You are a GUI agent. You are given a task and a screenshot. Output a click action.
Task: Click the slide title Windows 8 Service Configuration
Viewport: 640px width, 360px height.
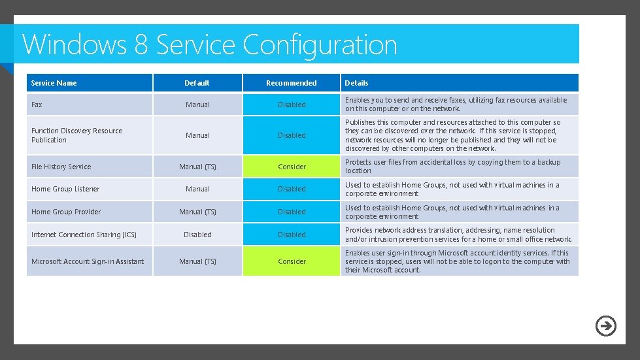pos(210,44)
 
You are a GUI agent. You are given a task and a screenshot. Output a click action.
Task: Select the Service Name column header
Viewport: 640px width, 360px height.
pos(54,83)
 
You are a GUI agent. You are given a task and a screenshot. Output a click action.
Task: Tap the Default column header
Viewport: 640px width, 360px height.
pos(197,83)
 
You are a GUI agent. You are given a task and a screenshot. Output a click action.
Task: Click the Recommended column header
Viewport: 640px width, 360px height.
pos(292,83)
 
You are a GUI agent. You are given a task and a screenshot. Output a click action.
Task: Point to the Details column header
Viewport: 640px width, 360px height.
pos(356,83)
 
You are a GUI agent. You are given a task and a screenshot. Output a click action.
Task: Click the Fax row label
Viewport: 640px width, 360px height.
pos(37,105)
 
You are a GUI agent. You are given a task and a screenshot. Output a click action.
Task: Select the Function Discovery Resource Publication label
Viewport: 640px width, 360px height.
pos(76,135)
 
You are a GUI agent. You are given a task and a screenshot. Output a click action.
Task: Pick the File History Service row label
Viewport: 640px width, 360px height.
pos(61,167)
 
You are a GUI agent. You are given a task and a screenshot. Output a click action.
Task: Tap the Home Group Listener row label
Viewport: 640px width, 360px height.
pos(65,189)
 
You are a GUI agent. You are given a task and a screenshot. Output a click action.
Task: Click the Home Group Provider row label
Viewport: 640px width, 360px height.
pos(66,212)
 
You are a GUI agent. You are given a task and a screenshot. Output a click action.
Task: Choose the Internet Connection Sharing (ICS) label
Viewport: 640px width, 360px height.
pos(84,235)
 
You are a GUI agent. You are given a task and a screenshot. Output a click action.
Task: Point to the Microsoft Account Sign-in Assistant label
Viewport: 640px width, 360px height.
pos(88,261)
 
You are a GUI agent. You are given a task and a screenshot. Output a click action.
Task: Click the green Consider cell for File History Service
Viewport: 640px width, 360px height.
pos(292,167)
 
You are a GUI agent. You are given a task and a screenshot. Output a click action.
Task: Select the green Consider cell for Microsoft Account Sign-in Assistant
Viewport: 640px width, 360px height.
pos(292,261)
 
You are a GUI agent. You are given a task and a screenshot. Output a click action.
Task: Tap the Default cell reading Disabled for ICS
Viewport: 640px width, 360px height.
pos(197,235)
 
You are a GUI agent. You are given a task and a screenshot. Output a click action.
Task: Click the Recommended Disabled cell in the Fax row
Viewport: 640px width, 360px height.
pos(292,105)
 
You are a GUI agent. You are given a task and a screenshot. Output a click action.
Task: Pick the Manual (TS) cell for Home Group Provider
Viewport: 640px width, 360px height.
pos(197,212)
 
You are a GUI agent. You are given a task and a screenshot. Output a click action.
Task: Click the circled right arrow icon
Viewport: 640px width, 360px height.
pos(606,325)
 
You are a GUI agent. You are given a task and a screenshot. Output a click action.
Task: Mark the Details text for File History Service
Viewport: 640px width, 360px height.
pos(452,166)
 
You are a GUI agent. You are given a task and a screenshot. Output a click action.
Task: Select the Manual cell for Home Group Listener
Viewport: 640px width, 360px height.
pos(197,189)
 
